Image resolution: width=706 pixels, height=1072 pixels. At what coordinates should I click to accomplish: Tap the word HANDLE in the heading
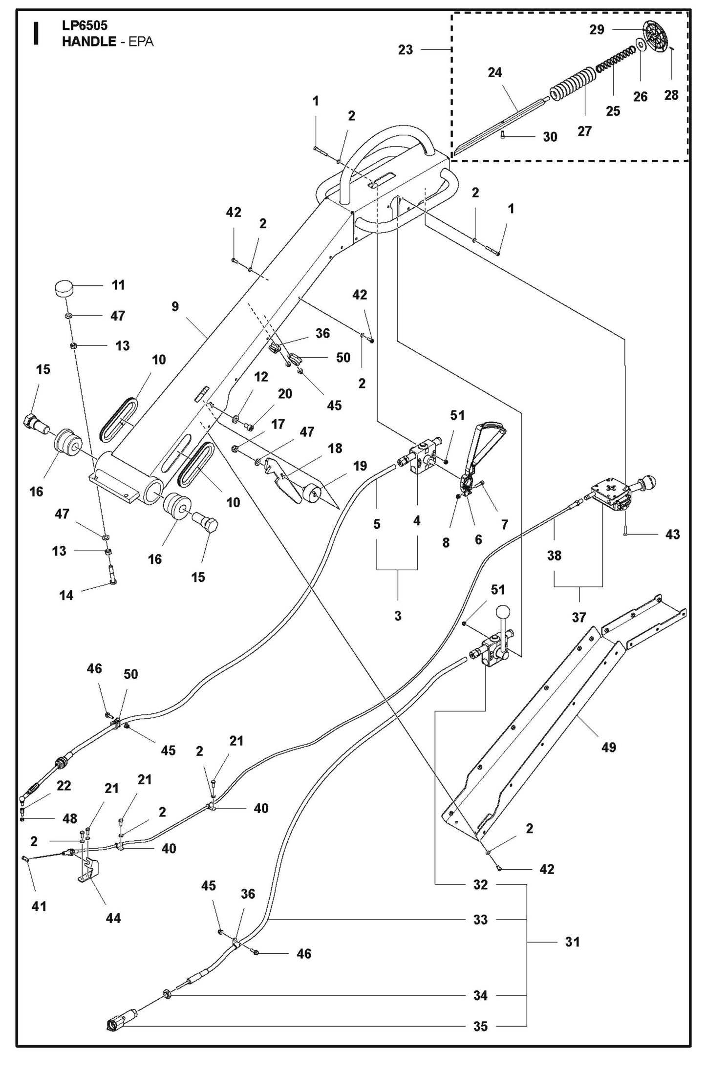tap(88, 42)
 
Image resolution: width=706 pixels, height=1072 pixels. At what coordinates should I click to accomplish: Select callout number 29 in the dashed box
tap(597, 30)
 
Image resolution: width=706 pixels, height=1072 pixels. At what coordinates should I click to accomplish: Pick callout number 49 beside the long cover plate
tap(609, 747)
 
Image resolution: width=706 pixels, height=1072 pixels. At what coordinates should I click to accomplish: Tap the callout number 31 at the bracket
tap(572, 942)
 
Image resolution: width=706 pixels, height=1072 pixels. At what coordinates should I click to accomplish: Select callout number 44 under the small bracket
tap(113, 918)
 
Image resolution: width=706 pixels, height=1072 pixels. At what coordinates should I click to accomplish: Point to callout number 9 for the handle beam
tap(175, 306)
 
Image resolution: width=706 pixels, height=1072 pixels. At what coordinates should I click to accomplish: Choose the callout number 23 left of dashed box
tap(406, 49)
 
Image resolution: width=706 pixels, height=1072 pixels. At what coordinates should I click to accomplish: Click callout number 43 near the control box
tap(672, 535)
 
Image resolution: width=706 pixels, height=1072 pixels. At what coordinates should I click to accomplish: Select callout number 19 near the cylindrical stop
tap(360, 466)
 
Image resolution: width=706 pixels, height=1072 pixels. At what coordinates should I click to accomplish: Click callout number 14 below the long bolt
tap(66, 595)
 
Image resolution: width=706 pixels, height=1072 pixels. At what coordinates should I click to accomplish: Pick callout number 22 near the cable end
tap(64, 785)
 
